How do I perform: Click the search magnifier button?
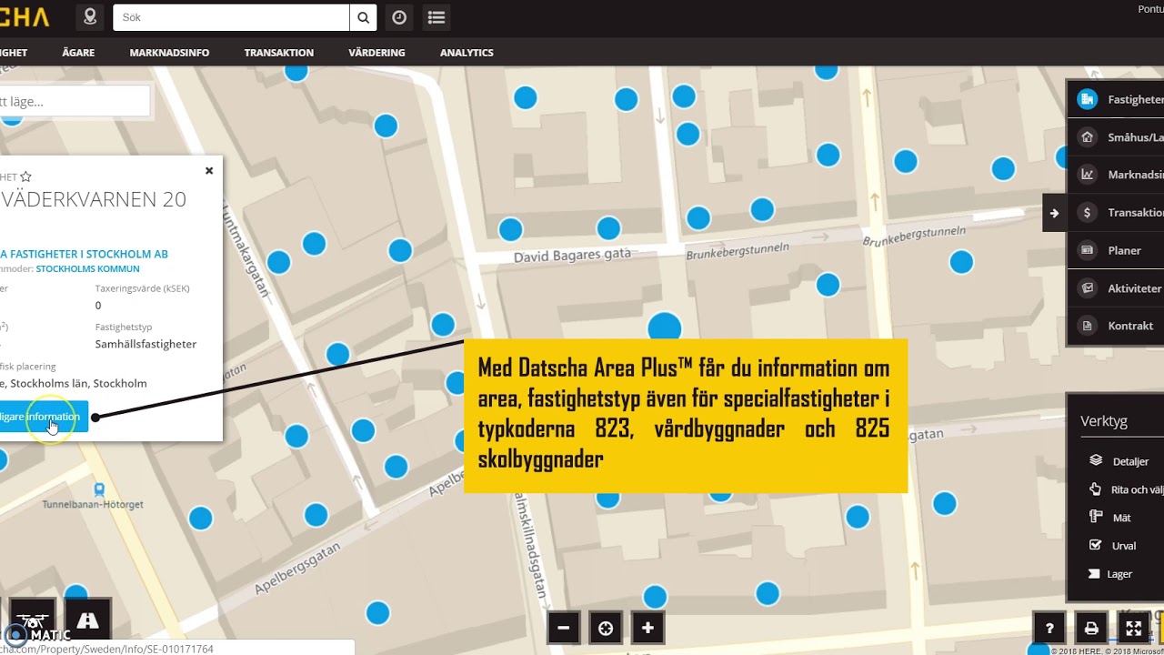[363, 17]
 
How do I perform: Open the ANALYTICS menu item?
[467, 53]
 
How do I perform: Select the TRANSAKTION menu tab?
[278, 53]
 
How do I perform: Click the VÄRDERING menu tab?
[376, 53]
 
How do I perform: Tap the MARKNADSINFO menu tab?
[169, 53]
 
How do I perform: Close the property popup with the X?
[209, 170]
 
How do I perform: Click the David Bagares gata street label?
[572, 257]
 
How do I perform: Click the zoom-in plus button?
[647, 628]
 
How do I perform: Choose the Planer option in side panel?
[1124, 250]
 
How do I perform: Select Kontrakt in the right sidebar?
[1129, 326]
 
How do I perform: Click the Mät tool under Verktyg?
[1121, 518]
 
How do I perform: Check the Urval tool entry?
[1124, 546]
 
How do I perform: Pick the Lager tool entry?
[1119, 574]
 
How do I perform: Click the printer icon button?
[1091, 628]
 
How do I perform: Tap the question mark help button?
[1049, 628]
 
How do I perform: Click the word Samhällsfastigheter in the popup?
[145, 344]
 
